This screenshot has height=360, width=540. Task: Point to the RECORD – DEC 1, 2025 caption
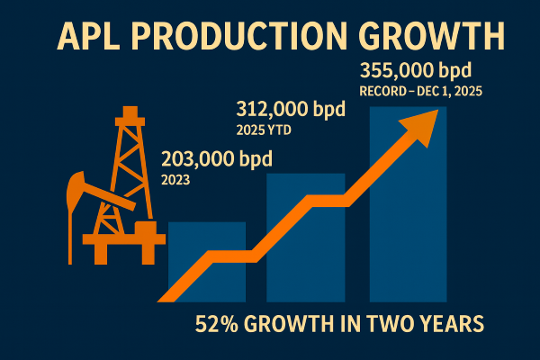coord(417,90)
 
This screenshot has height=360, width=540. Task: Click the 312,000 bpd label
coord(292,111)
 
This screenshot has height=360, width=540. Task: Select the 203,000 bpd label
coord(217,161)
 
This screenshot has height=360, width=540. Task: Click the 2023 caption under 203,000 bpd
coord(176,179)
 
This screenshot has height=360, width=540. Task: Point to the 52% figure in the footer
coord(217,324)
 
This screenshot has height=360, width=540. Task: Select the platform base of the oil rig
coord(121,240)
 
